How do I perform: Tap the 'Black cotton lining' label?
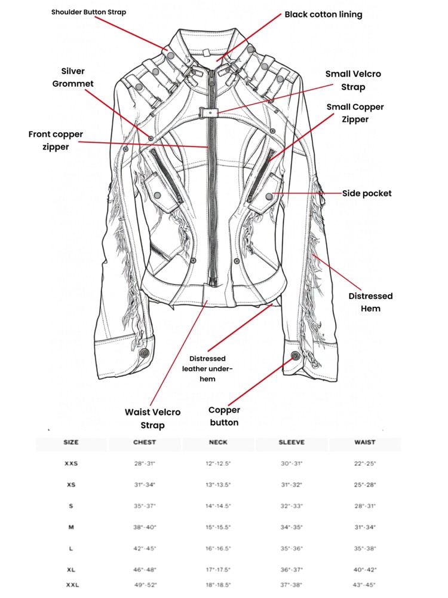pyautogui.click(x=323, y=14)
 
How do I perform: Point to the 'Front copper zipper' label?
pyautogui.click(x=56, y=141)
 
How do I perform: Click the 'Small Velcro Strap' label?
pyautogui.click(x=353, y=81)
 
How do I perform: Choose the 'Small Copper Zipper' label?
pyautogui.click(x=355, y=113)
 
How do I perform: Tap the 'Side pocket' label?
pyautogui.click(x=367, y=193)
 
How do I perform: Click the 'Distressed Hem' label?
pyautogui.click(x=370, y=302)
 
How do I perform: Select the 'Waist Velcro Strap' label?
pyautogui.click(x=152, y=418)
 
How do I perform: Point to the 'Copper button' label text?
pyautogui.click(x=224, y=416)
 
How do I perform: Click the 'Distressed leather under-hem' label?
pyautogui.click(x=207, y=368)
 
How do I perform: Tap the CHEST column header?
pyautogui.click(x=145, y=443)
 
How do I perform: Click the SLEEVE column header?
pyautogui.click(x=291, y=443)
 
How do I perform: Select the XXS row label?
pyautogui.click(x=71, y=463)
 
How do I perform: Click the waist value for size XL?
pyautogui.click(x=364, y=570)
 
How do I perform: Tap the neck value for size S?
pyautogui.click(x=219, y=506)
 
